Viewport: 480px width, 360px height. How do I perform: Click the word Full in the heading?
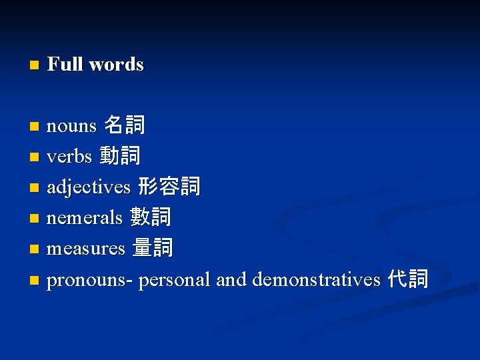point(65,65)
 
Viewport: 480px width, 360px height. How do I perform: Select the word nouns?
point(71,125)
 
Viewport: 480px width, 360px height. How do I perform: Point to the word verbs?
point(69,157)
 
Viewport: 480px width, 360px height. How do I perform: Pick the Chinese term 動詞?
point(120,156)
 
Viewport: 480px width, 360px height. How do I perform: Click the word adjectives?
point(89,187)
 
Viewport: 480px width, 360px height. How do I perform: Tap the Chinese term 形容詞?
point(169,187)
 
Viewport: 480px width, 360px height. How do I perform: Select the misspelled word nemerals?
point(85,217)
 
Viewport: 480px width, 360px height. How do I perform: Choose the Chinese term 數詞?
point(151,217)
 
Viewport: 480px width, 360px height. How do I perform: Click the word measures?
point(86,249)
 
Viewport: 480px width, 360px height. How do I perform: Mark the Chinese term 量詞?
point(153,248)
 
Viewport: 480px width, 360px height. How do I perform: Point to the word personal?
point(175,279)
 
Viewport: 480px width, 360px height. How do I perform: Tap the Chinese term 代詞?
point(409,279)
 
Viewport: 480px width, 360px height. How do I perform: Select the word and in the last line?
point(231,279)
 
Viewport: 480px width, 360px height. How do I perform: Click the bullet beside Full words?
point(34,65)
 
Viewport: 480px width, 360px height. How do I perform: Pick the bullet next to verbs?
point(34,158)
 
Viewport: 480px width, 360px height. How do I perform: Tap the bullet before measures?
point(34,250)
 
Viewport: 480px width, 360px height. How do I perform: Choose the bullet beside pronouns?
point(34,281)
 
